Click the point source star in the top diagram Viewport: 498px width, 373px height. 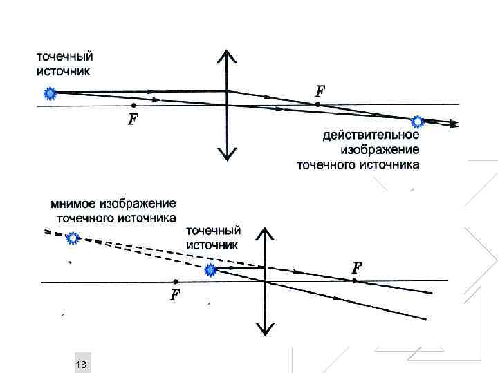click(48, 92)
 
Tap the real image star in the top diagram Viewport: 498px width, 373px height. click(418, 122)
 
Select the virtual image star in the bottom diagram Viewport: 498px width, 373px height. click(73, 238)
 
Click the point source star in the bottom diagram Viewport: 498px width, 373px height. click(212, 271)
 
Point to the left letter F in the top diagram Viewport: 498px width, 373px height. click(133, 120)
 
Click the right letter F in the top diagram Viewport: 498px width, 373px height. click(320, 91)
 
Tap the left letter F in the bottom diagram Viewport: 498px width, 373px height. click(175, 296)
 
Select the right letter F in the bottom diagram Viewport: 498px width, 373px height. click(357, 267)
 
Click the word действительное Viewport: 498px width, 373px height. click(371, 136)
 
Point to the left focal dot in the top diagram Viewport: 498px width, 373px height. click(133, 105)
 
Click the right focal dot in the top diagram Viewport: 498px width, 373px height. click(317, 104)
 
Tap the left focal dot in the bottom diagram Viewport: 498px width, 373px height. click(176, 281)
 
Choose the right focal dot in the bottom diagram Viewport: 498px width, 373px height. click(354, 280)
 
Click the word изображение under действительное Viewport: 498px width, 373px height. click(380, 150)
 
